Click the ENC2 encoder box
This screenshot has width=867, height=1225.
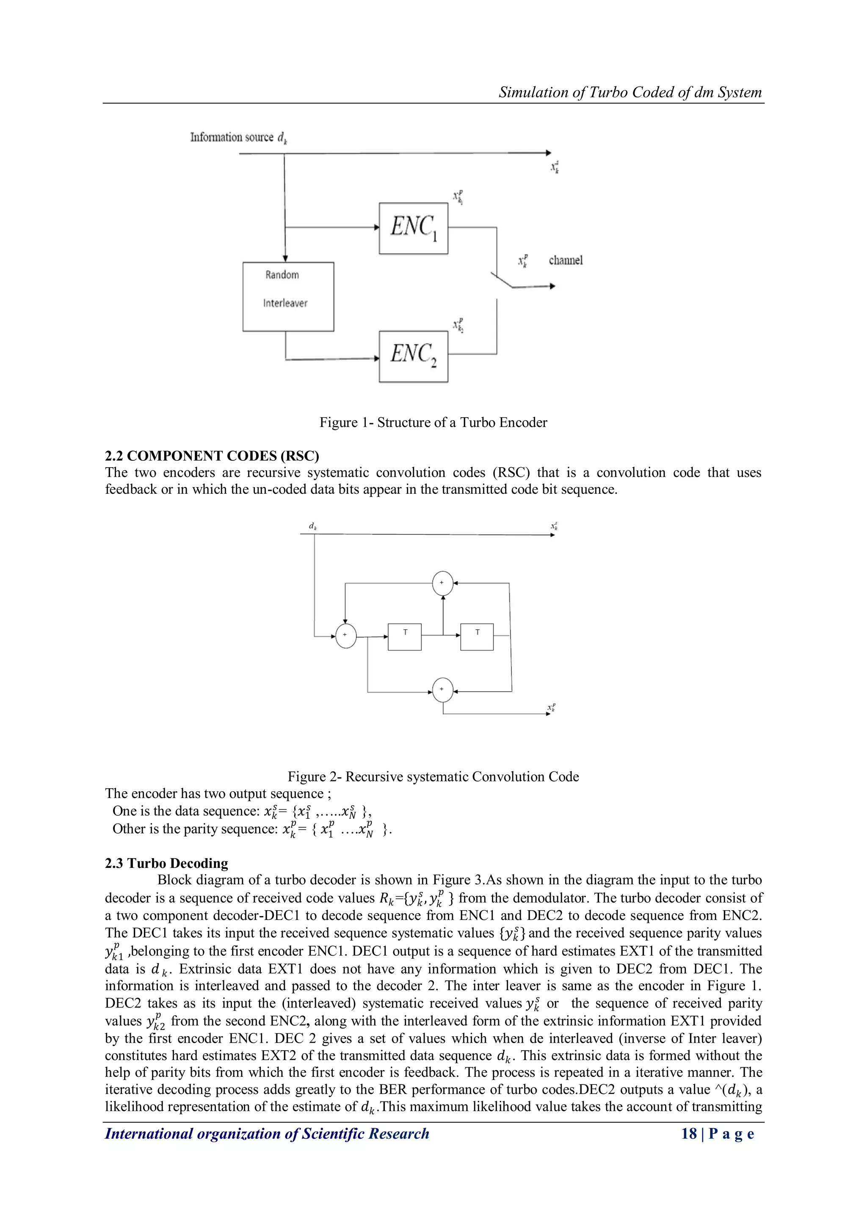click(x=413, y=356)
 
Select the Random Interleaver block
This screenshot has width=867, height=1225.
click(x=288, y=297)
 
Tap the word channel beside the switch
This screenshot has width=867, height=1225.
click(x=565, y=260)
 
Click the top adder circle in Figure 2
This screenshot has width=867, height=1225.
click(x=442, y=583)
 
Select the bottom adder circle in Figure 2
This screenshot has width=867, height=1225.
click(x=442, y=689)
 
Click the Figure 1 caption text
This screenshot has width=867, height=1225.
click(x=433, y=423)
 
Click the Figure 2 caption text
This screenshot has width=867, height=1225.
click(x=433, y=777)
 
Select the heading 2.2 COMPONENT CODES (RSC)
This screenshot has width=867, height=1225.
click(x=212, y=456)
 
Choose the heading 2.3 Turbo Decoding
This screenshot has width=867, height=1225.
click(x=166, y=863)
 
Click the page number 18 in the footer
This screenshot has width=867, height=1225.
click(x=689, y=1134)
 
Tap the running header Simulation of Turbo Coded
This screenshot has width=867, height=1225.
click(x=630, y=92)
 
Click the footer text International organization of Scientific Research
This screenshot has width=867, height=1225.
click(x=267, y=1134)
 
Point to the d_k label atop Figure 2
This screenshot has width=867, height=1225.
click(x=313, y=526)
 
